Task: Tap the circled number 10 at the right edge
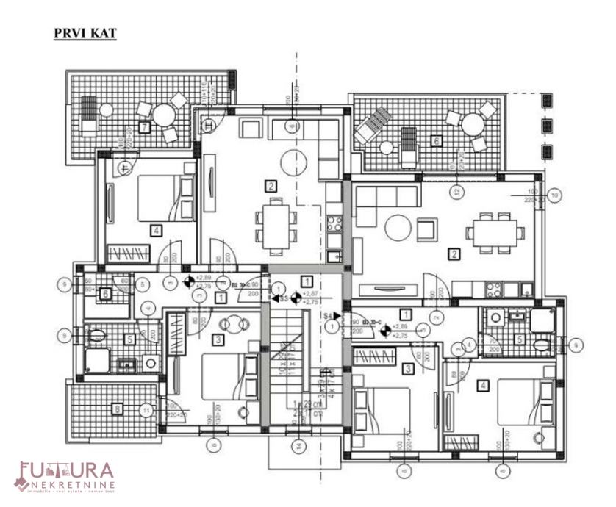click(x=555, y=195)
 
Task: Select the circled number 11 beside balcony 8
click(x=148, y=410)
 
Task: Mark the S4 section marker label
click(x=327, y=315)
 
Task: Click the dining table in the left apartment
click(x=274, y=217)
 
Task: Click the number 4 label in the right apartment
click(x=483, y=385)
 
